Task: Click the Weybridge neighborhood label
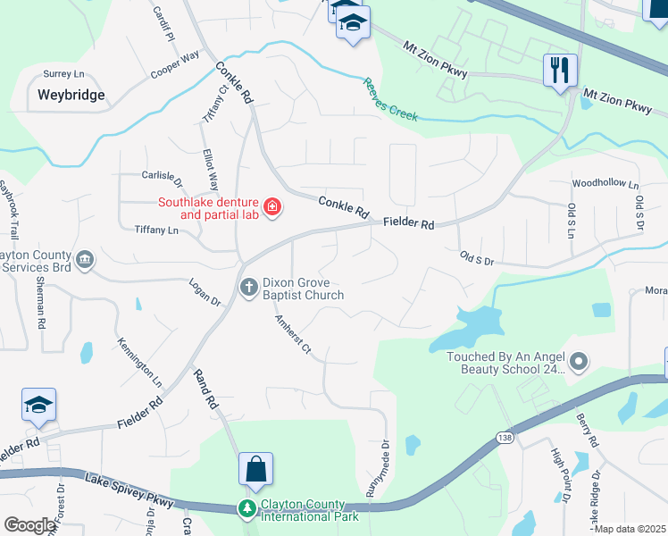[71, 94]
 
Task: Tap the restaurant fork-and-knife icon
[561, 71]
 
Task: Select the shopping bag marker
[255, 470]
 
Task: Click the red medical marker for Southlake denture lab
[271, 208]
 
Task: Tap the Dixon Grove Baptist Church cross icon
[249, 287]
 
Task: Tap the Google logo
[29, 524]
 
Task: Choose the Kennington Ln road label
[138, 362]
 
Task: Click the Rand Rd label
[205, 391]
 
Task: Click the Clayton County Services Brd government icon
[84, 259]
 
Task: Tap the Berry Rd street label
[586, 431]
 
